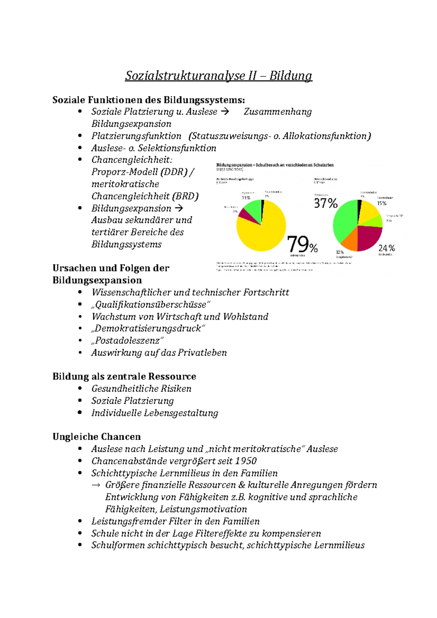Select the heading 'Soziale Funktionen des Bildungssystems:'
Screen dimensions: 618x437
tap(149, 100)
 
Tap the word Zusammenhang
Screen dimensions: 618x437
tap(277, 112)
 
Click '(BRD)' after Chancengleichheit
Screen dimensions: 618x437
tap(186, 196)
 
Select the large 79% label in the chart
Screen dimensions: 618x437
tap(302, 244)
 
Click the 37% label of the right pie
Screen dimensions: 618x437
tap(326, 203)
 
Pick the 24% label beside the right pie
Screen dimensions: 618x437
tap(386, 248)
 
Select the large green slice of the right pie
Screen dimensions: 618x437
tap(344, 218)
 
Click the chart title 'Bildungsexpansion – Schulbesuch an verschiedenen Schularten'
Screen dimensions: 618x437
tap(275, 165)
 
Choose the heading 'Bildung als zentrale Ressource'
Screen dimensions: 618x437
tap(124, 376)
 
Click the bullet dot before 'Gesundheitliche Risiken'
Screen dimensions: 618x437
tap(80, 388)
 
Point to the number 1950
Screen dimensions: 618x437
tap(246, 461)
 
